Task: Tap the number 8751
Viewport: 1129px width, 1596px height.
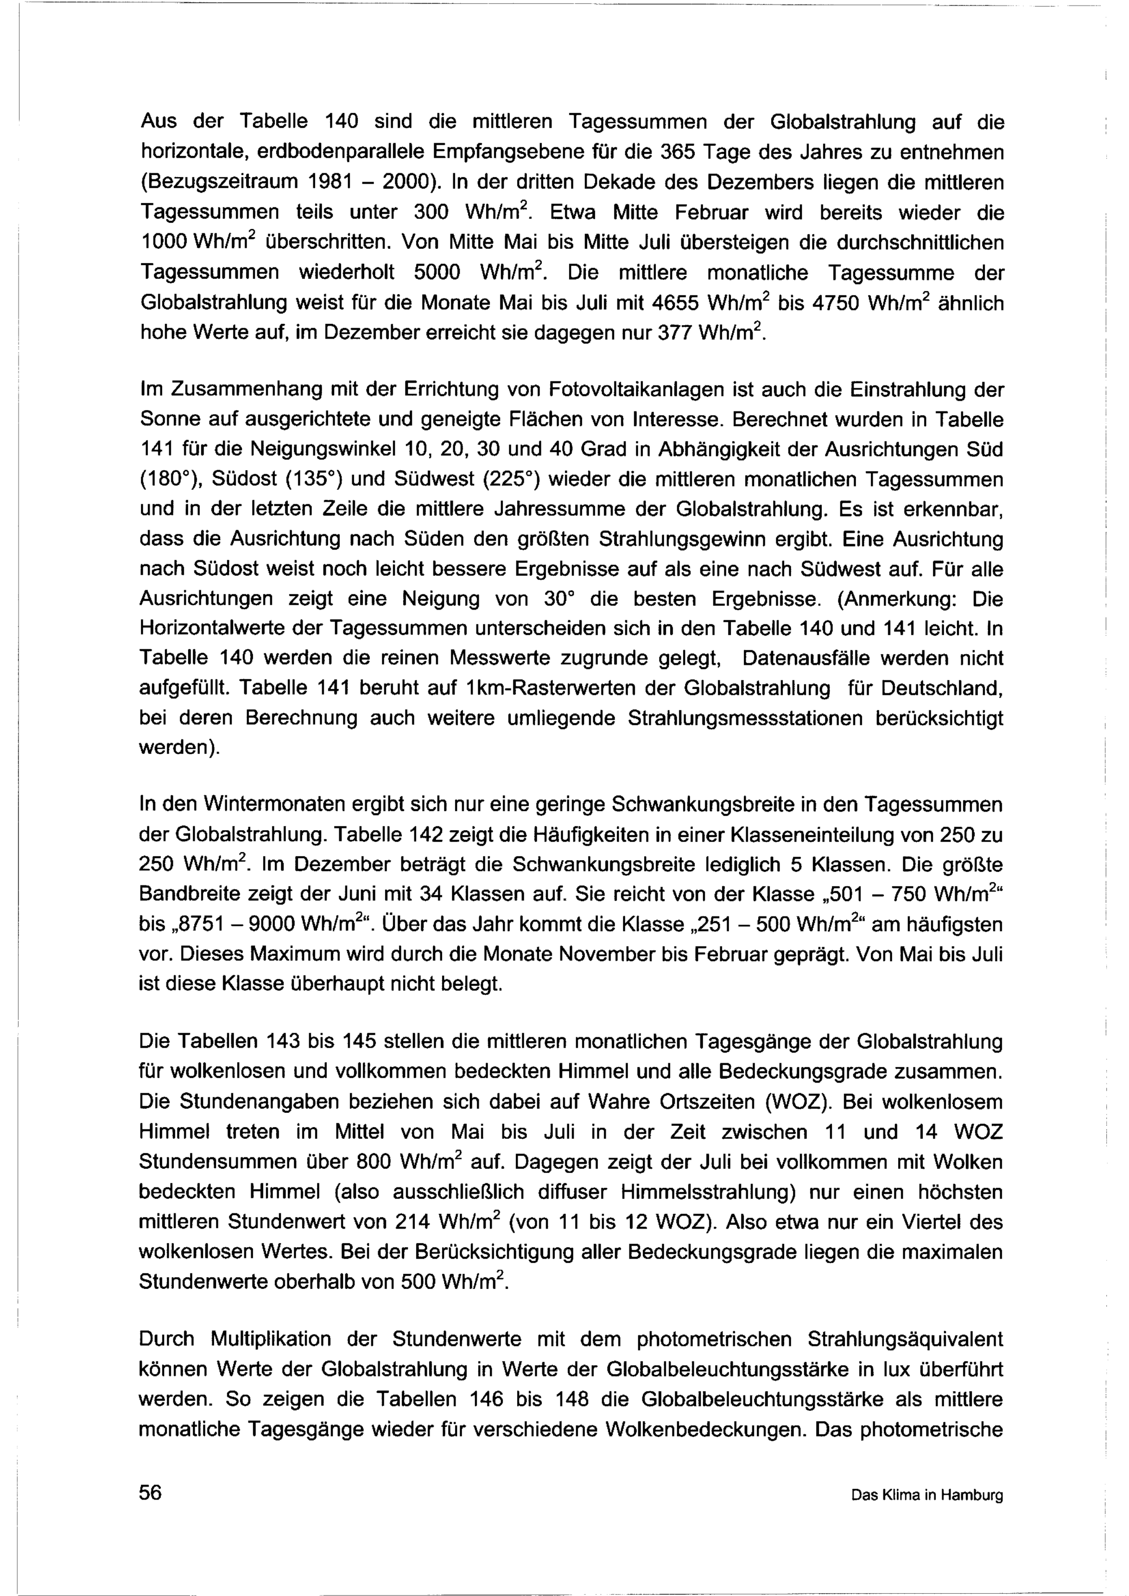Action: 202,924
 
